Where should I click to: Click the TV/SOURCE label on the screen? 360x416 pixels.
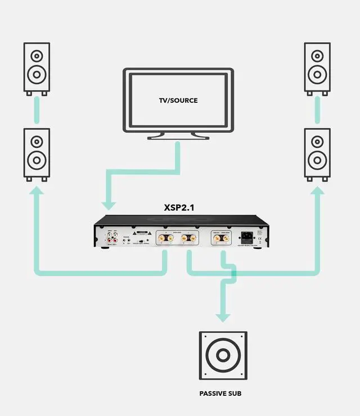coord(178,101)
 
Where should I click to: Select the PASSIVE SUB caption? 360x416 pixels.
coord(220,394)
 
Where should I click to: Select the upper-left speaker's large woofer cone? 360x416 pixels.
coord(37,73)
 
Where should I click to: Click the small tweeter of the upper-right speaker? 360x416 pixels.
coord(317,56)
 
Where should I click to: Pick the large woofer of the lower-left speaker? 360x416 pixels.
coord(37,160)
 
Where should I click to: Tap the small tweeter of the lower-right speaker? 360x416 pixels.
coord(317,142)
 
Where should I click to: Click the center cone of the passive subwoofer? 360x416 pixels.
coord(223,355)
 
